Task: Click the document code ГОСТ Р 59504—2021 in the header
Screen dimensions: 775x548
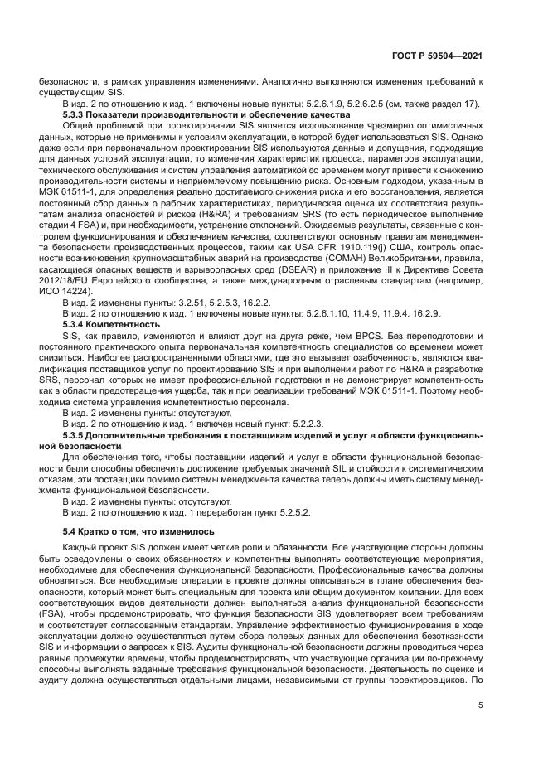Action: (441, 56)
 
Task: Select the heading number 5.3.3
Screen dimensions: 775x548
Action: (76, 114)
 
